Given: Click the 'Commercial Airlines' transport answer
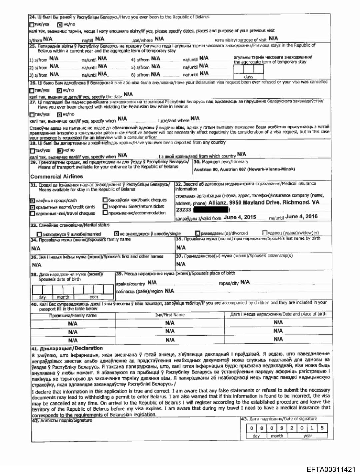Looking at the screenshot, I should [57, 176].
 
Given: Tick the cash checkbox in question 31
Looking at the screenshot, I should [32, 201].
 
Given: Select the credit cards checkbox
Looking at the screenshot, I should [32, 207].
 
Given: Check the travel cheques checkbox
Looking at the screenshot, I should [32, 213].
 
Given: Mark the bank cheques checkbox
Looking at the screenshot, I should [105, 200].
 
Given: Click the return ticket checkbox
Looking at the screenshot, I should [105, 206].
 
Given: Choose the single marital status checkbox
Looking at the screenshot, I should [116, 234].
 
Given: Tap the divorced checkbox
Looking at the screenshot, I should [198, 233].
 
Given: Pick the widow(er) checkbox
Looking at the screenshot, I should [265, 233].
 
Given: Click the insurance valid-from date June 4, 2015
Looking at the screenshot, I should [240, 217].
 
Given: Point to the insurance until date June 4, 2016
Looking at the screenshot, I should [301, 216].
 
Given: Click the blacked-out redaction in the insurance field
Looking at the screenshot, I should [211, 210].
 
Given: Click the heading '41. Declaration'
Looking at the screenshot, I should [67, 348].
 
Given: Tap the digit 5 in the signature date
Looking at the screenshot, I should [322, 428].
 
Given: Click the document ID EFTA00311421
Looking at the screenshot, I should [331, 470].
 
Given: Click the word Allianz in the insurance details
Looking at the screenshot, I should [218, 203].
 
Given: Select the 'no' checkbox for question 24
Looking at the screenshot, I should [60, 24].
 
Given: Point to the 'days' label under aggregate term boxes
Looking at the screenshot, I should [249, 77].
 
